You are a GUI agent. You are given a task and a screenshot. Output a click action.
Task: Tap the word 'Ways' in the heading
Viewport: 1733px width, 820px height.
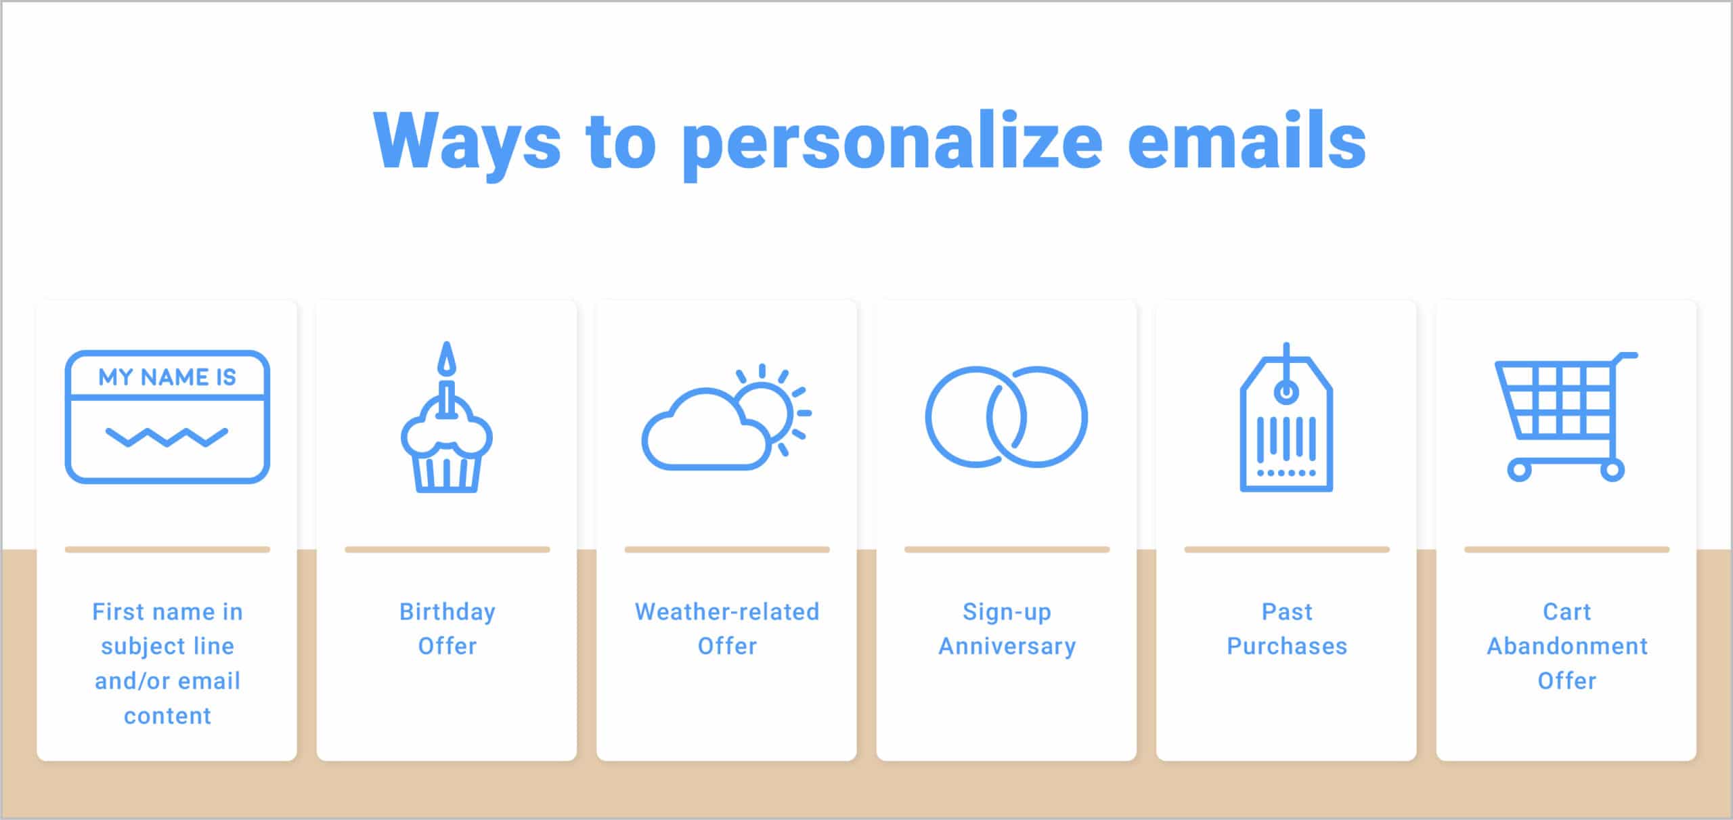click(x=467, y=142)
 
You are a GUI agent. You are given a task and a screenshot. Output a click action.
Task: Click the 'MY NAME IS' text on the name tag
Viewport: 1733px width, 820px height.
click(x=167, y=377)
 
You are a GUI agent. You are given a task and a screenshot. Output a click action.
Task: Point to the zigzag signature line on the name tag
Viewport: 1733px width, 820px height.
click(x=167, y=437)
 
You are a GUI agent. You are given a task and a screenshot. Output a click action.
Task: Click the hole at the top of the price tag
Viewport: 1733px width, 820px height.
click(x=1286, y=392)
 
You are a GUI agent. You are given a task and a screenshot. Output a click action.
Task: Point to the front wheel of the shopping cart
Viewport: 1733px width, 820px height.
click(x=1520, y=470)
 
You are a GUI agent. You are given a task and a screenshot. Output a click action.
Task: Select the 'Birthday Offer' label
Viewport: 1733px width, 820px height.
click(x=447, y=629)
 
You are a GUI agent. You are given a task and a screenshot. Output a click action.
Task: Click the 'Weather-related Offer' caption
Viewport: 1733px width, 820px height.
click(x=727, y=629)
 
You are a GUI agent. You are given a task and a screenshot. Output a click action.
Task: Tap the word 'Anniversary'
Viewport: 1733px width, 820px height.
click(x=1007, y=647)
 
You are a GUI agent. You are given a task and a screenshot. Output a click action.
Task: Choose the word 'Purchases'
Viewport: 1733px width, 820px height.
click(x=1287, y=647)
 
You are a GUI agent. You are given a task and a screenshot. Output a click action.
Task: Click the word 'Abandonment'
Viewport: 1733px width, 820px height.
click(x=1567, y=647)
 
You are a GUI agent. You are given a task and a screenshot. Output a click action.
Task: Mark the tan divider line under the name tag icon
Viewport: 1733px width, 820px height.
click(x=167, y=550)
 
